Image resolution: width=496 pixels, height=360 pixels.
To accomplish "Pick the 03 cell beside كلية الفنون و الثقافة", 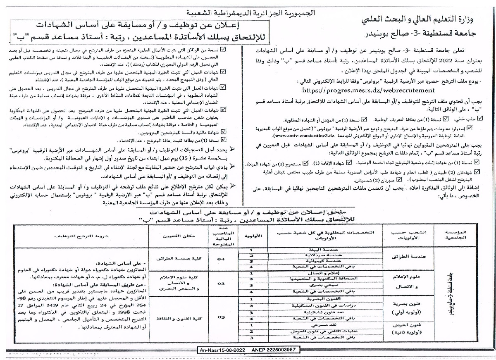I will [x=221, y=317].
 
